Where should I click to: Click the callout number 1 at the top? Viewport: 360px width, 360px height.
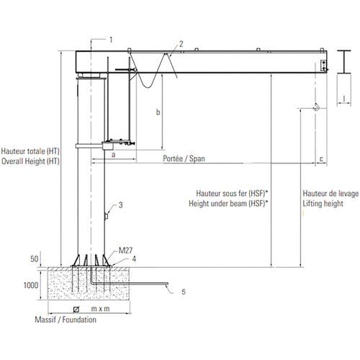(x=111, y=40)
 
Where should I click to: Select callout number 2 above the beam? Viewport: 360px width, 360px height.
(x=181, y=44)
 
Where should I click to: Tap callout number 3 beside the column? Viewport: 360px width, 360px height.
(x=120, y=205)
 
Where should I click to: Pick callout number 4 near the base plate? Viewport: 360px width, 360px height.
(x=134, y=258)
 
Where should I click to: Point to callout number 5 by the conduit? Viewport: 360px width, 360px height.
(x=184, y=292)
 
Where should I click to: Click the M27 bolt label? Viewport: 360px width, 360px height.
(x=125, y=251)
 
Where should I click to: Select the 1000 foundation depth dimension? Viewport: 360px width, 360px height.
(x=31, y=285)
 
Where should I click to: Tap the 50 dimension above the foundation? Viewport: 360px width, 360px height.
(x=35, y=258)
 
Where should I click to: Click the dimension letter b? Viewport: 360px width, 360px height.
(x=158, y=112)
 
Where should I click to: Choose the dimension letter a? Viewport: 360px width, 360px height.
(x=114, y=155)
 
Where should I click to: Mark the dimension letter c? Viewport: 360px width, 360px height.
(x=321, y=159)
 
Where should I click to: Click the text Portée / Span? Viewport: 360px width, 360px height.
(x=184, y=158)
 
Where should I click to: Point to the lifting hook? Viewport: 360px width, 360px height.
(x=317, y=107)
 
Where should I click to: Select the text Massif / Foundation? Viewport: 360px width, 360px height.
(x=66, y=320)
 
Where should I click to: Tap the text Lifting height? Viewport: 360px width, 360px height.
(x=323, y=204)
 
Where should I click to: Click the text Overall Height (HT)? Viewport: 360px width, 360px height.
(x=30, y=161)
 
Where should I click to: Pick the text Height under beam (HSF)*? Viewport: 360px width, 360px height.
(x=228, y=204)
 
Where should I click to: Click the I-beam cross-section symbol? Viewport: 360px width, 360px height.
(x=343, y=62)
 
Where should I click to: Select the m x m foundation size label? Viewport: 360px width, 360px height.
(x=100, y=309)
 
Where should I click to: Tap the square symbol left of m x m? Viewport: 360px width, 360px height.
(x=76, y=310)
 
